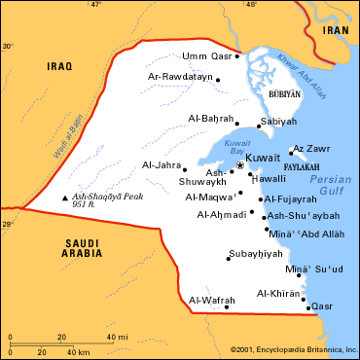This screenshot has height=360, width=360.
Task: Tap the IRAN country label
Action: tap(336, 30)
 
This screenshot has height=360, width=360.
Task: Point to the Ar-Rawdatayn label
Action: tap(179, 76)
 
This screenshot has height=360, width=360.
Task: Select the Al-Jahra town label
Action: tap(162, 165)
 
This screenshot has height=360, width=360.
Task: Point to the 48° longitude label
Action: tap(251, 5)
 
